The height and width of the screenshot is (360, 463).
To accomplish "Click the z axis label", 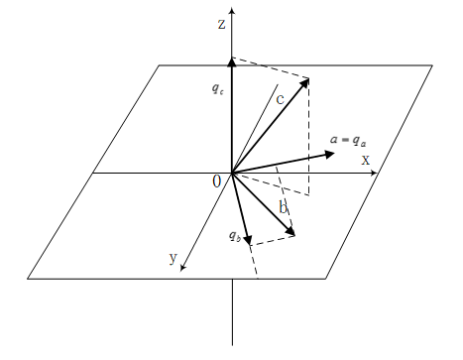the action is point(222,21).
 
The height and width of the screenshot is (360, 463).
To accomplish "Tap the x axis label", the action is point(365,160).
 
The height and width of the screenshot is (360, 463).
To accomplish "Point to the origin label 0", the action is point(217,181).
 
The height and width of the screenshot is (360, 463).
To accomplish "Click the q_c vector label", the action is point(217,88).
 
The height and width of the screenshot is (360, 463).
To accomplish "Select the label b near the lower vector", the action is point(283,207).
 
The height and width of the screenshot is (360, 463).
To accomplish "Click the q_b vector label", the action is point(233,236).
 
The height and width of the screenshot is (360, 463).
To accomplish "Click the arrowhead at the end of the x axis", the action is point(374,174).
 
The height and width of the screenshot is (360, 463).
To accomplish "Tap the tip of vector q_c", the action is point(232,60).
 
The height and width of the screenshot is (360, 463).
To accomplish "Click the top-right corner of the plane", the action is point(432,65).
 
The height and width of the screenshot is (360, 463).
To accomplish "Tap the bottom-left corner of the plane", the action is point(29,279).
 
